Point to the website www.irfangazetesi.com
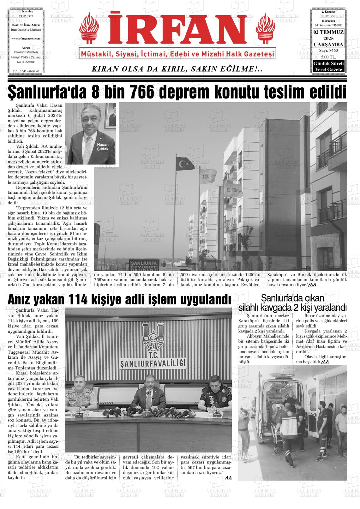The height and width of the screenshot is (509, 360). [x=26, y=38]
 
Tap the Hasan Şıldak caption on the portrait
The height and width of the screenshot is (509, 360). [x=103, y=147]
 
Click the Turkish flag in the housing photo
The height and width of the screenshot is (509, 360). [x=185, y=163]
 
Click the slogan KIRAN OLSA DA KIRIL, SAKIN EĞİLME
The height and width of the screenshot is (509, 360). [x=177, y=69]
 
